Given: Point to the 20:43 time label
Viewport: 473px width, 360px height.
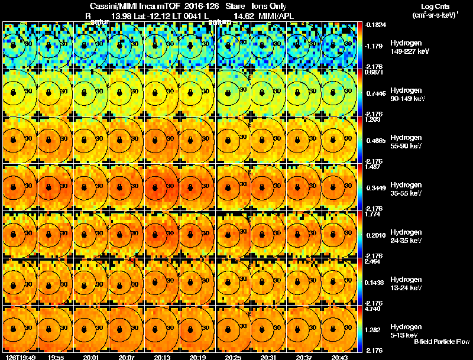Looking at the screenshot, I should tap(340, 357).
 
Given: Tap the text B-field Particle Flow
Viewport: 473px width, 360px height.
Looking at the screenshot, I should tap(442, 342).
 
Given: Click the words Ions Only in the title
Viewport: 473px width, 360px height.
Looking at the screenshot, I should tap(271, 6).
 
